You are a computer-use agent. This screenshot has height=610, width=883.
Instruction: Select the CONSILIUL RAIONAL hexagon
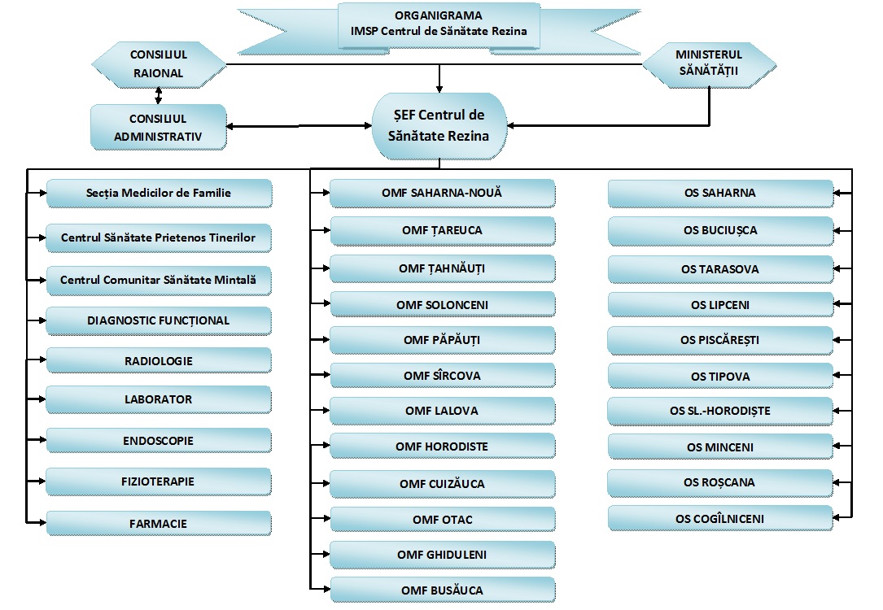[x=158, y=64]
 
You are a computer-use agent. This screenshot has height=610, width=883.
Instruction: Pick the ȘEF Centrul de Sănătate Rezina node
[x=439, y=126]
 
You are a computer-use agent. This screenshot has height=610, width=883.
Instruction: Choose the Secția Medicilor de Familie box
[x=159, y=194]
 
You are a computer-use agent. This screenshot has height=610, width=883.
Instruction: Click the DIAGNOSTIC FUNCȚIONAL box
[x=159, y=320]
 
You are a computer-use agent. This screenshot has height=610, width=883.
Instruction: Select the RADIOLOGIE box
[x=159, y=360]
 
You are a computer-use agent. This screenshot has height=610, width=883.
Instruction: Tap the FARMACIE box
[x=159, y=522]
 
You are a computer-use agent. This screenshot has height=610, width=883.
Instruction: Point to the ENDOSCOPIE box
[x=159, y=441]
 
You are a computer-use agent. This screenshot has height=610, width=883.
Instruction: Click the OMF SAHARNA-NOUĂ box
[x=442, y=194]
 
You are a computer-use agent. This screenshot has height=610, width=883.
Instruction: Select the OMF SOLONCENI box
[x=442, y=305]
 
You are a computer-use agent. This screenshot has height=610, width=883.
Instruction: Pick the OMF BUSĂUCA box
[x=442, y=590]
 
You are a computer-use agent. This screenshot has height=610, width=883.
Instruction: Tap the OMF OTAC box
[x=442, y=520]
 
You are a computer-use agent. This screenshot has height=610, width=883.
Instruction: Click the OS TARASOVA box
[x=720, y=268]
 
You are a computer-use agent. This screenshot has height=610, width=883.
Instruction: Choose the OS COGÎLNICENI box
[x=720, y=518]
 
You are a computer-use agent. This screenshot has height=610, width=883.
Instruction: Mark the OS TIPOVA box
[x=720, y=377]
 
